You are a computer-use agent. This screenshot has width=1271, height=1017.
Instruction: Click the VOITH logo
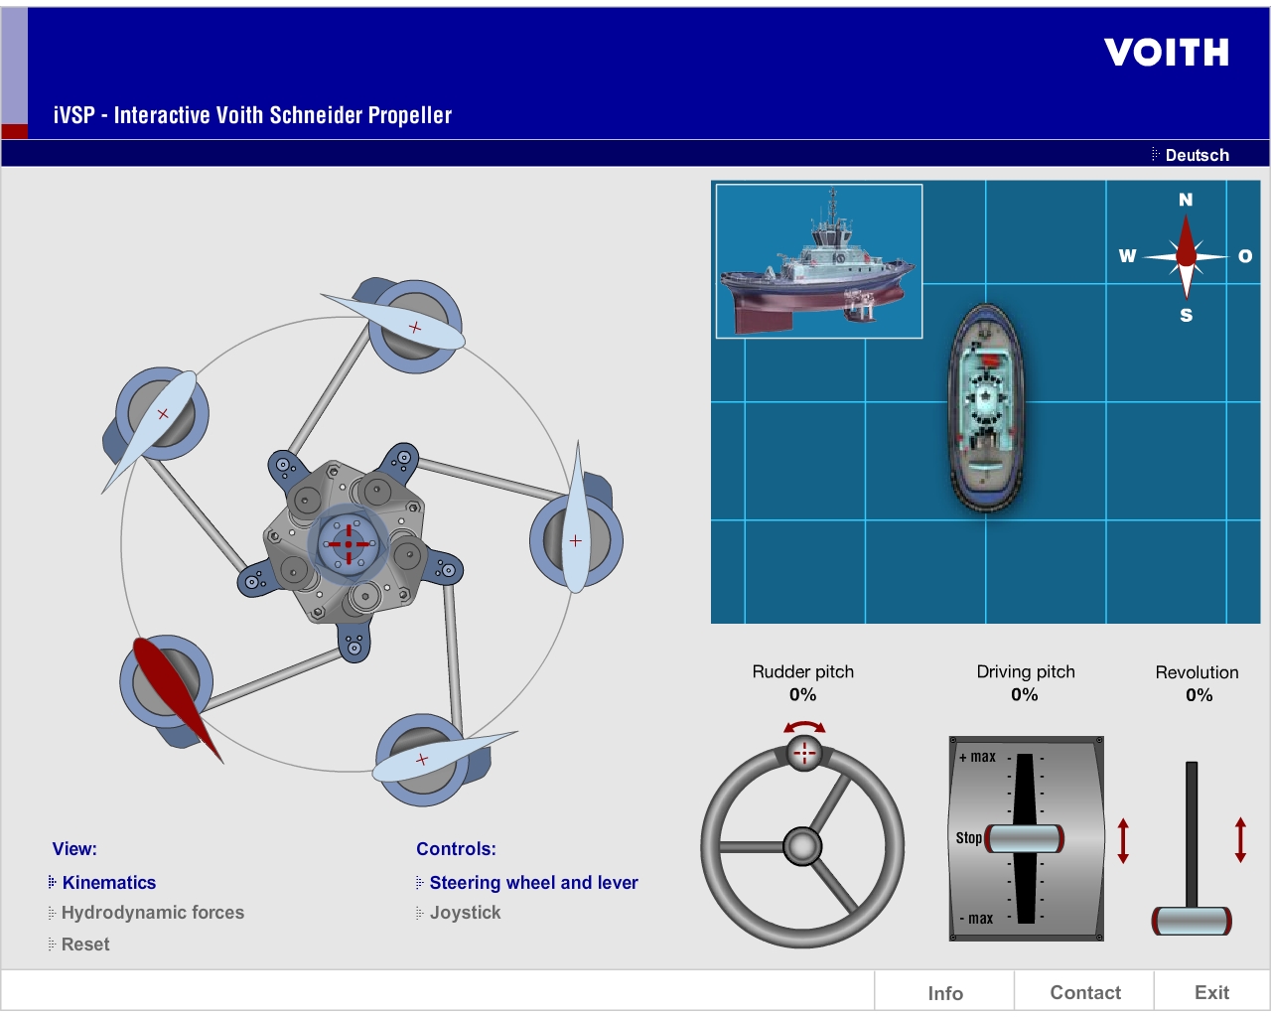1167,53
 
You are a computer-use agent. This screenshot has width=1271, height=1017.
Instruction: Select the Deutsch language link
1196,155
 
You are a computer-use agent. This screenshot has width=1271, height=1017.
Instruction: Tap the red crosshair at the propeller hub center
348,544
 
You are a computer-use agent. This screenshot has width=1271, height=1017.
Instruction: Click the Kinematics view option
108,883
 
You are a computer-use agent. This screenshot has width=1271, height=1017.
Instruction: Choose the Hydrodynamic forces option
152,913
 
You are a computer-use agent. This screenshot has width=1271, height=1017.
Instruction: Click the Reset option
85,944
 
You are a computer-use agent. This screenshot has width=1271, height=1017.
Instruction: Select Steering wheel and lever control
533,883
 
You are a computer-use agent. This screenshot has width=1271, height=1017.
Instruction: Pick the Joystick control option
465,913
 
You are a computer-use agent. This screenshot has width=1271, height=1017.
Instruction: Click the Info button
945,993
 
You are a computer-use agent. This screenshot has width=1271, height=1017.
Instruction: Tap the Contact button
1085,993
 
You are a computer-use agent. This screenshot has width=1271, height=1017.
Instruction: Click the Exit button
1211,993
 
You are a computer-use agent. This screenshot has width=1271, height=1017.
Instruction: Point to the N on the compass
1186,200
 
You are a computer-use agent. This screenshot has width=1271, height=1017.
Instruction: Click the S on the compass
1186,316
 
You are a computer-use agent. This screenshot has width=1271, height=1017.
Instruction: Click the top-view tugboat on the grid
986,408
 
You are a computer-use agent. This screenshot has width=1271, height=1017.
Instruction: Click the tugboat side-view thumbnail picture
819,261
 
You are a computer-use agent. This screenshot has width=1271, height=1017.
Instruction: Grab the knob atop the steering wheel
804,753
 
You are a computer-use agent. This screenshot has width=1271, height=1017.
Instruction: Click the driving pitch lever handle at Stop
1025,839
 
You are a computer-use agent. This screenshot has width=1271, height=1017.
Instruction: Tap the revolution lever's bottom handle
1192,921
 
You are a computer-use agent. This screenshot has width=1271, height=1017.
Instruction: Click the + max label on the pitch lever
978,757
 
